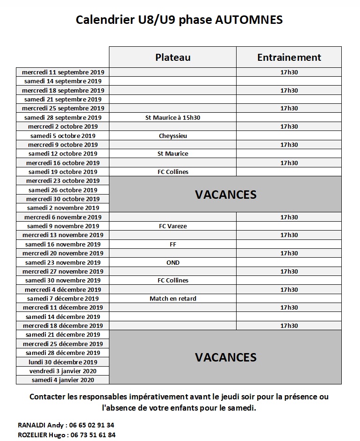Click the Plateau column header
pos(173,57)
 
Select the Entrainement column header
pos(289,57)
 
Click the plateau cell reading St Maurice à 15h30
pos(173,117)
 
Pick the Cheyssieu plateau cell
pos(173,136)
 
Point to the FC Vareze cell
pos(173,226)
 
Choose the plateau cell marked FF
pos(173,244)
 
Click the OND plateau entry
pos(173,262)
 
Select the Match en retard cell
pos(173,298)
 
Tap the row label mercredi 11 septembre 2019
pos(63,72)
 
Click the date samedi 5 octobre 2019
pos(63,136)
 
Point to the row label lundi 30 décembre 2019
pos(63,362)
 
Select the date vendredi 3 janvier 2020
pos(63,371)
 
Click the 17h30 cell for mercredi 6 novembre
pos(289,217)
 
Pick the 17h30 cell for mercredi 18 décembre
pos(289,325)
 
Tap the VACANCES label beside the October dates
pos(226,195)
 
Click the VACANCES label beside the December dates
pos(226,357)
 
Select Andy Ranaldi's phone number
pos(91,425)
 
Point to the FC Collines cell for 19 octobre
pos(173,172)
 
